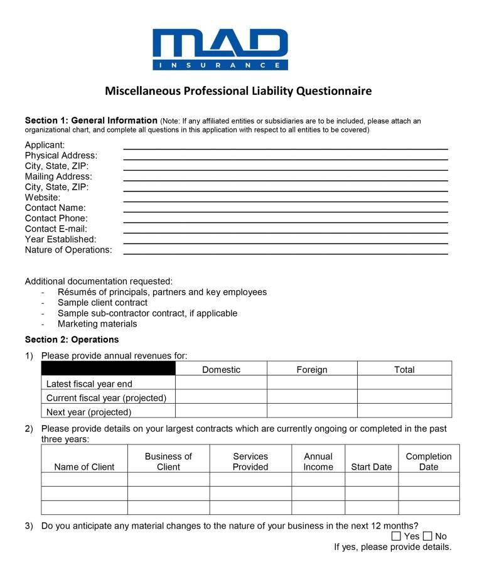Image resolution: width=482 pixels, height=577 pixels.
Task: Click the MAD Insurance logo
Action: click(220, 49)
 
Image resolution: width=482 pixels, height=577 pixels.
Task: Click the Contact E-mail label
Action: click(56, 229)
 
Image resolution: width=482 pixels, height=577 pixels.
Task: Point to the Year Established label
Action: click(60, 240)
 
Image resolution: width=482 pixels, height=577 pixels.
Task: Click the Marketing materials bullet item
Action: click(97, 324)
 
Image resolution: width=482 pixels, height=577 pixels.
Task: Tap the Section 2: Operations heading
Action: click(72, 340)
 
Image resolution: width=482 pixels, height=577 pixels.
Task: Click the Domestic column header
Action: click(221, 370)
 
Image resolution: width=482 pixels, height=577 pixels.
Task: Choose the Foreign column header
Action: click(312, 370)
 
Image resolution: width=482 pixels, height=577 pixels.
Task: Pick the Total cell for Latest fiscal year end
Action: click(404, 383)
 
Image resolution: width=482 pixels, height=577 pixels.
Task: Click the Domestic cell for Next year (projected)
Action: click(221, 411)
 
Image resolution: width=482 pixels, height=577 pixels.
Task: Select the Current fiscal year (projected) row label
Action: click(106, 398)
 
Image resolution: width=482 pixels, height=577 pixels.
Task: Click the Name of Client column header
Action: click(84, 466)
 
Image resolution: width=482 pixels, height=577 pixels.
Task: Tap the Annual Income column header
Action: click(318, 461)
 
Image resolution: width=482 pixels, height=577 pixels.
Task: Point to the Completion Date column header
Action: click(429, 461)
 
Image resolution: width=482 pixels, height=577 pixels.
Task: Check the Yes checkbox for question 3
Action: click(396, 536)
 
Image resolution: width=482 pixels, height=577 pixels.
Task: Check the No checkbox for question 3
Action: click(427, 536)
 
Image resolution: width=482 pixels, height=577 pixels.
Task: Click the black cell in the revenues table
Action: click(108, 369)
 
